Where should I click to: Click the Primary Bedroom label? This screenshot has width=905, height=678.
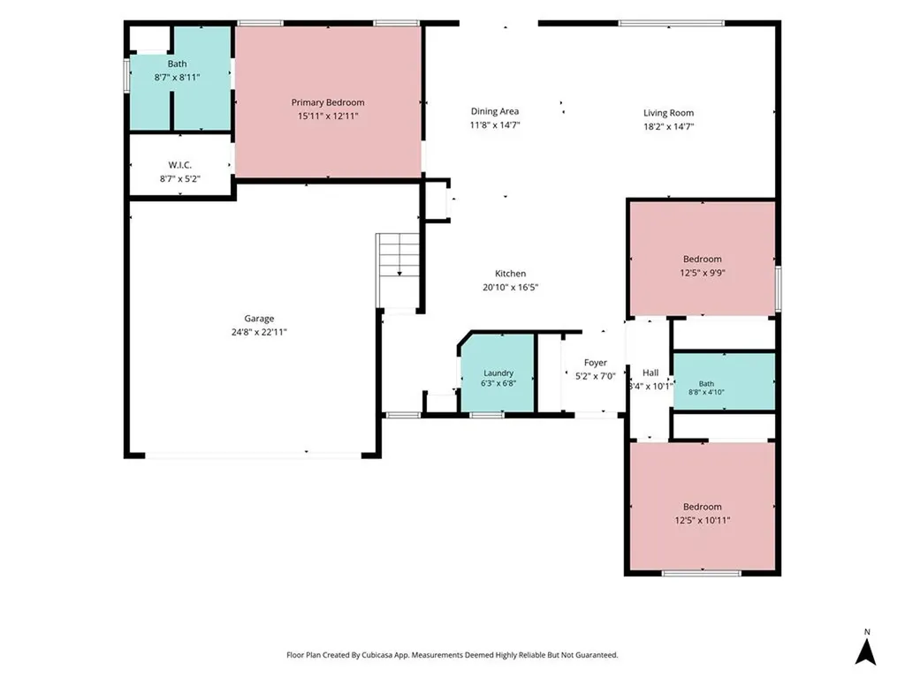pos(328,102)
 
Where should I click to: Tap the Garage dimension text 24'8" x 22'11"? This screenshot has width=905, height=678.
pos(259,332)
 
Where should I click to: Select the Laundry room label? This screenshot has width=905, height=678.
pos(498,373)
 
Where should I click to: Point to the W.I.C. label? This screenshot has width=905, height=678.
pos(180,165)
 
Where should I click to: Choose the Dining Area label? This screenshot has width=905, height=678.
pos(495,111)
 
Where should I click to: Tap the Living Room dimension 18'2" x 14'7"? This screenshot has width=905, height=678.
pos(669,127)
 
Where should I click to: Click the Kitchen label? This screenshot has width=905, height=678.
pos(510,274)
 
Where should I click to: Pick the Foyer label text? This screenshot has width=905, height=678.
pos(595,363)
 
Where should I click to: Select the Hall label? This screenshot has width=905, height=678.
pos(650,373)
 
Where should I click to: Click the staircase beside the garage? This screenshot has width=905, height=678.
pos(399,271)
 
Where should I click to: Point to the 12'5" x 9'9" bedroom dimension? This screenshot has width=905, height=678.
pos(703,274)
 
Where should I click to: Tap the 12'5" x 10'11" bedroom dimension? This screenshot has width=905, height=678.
pos(703,521)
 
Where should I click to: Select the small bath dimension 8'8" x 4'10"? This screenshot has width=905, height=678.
pos(706,392)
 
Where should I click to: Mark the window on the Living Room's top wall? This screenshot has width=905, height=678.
pos(672,23)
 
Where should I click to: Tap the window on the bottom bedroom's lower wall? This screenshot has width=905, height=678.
pos(701,573)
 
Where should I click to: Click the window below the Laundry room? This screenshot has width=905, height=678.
pos(487,415)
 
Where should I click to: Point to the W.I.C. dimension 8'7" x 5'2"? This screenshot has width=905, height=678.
pos(180,178)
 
